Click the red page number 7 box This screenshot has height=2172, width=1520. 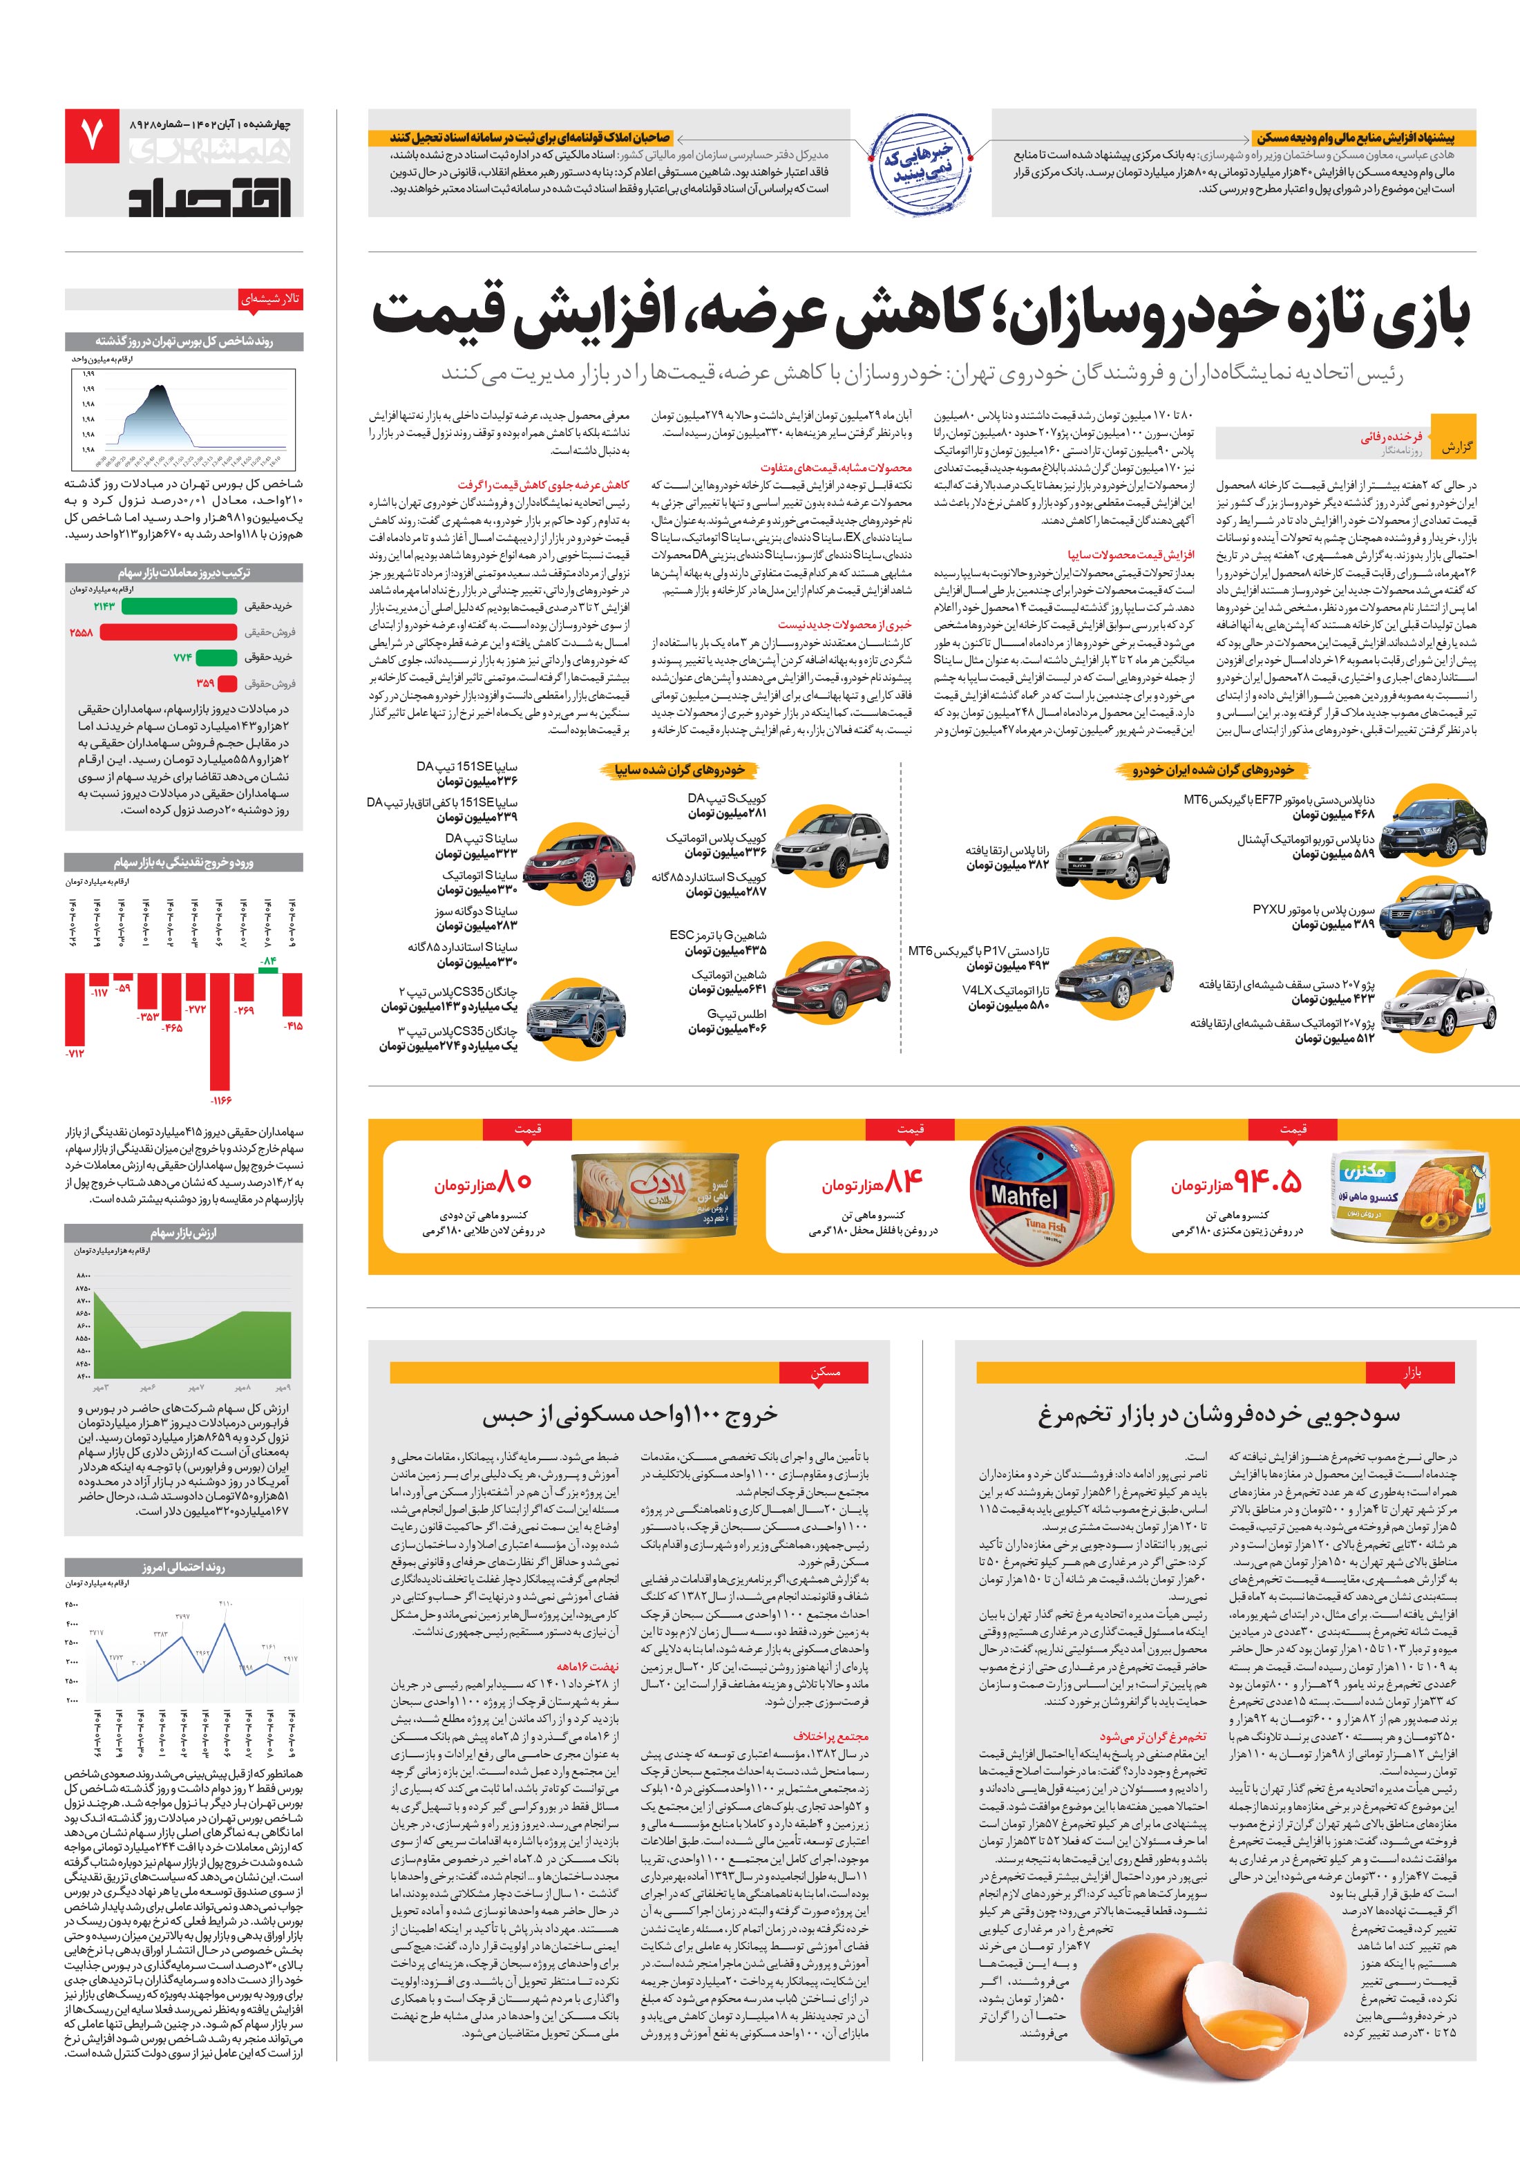[x=92, y=136]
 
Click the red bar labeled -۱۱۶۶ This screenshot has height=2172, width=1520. [x=220, y=1030]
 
